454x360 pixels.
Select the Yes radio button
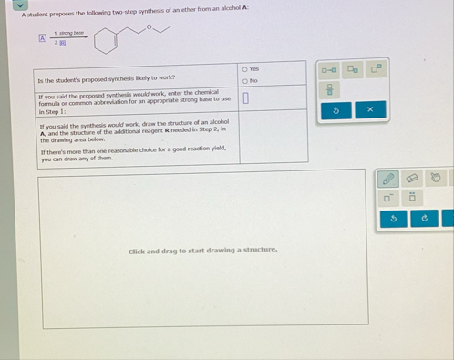click(243, 69)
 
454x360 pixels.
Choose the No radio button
click(243, 80)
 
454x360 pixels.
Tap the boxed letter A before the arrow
click(42, 38)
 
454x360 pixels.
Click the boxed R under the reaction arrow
click(63, 43)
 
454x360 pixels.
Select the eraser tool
click(412, 179)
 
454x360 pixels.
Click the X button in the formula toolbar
click(369, 109)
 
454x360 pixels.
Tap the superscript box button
click(377, 69)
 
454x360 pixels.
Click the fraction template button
click(331, 89)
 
